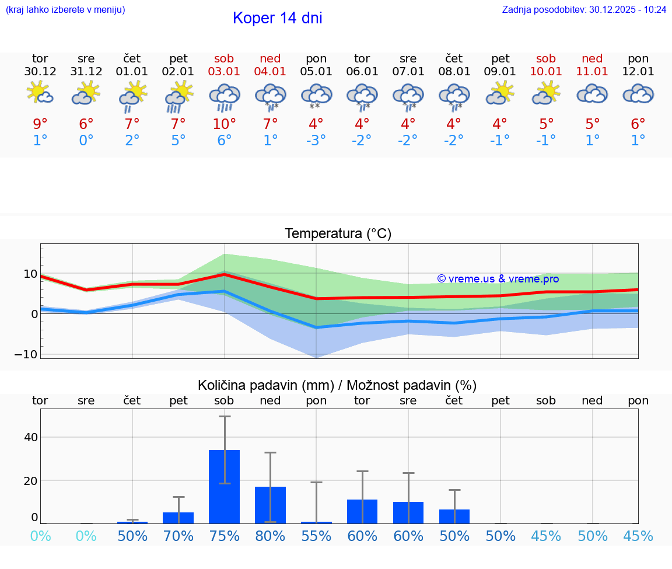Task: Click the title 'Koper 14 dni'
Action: tap(277, 18)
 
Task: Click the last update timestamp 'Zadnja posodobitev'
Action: tap(584, 10)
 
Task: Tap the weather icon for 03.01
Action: tap(225, 97)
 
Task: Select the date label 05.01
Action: tap(316, 72)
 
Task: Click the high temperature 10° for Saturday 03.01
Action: tap(225, 124)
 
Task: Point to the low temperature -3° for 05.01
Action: tap(316, 141)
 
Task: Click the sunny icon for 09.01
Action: tap(501, 93)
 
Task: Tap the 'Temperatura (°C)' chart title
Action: tap(338, 234)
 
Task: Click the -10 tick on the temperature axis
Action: tap(30, 354)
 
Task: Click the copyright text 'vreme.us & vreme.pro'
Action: tap(498, 279)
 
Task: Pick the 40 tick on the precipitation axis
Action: tap(30, 437)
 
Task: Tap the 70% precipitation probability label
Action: tap(178, 536)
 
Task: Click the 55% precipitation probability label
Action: tap(316, 536)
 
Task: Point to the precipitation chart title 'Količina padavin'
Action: tap(337, 385)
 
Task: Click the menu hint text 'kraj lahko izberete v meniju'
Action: tap(65, 10)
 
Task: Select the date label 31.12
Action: tap(86, 72)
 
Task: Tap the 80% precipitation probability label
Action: tap(270, 536)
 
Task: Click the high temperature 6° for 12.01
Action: tap(638, 124)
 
